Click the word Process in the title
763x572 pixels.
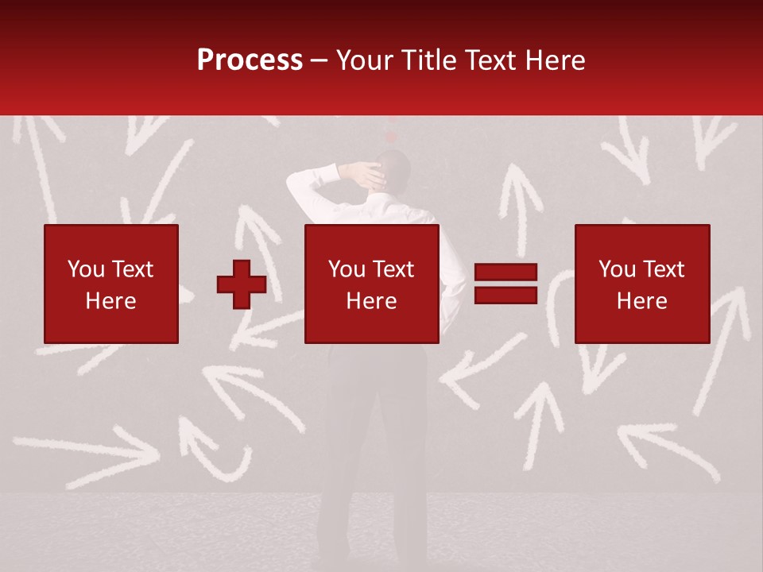pos(250,60)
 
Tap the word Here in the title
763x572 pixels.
pos(554,60)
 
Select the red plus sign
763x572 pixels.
pos(242,284)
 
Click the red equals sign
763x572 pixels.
pos(505,284)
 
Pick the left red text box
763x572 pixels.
pos(111,284)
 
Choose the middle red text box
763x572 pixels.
pos(372,284)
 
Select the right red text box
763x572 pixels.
pos(642,284)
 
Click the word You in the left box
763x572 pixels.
pos(86,269)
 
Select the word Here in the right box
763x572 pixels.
pos(642,301)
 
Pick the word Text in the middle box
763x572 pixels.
pos(393,269)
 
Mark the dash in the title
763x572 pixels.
pos(320,60)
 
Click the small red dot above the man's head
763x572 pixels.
pos(390,137)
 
